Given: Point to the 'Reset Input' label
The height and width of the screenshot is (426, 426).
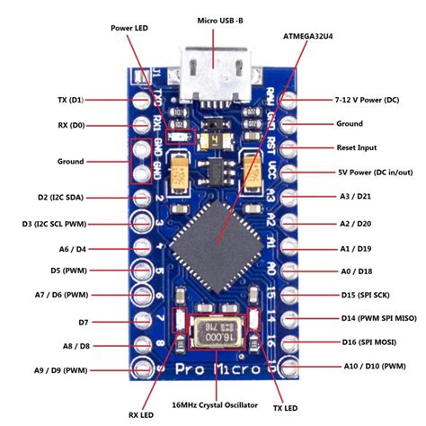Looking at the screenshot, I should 358,145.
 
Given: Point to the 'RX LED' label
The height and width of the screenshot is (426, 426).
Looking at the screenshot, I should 141,414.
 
